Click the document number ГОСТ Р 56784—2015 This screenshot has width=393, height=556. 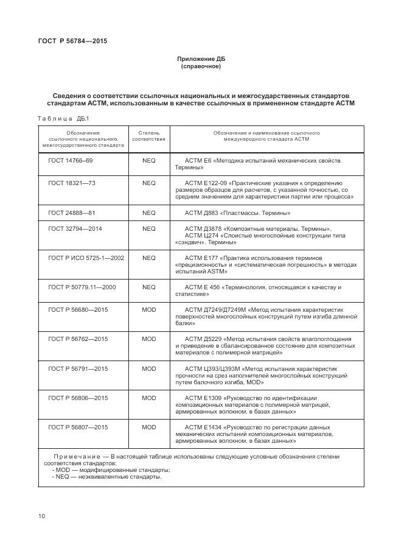pos(68,42)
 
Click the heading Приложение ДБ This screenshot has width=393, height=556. pos(201,59)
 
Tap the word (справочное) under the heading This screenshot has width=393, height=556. pos(201,66)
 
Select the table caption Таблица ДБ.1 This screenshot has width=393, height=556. pos(63,118)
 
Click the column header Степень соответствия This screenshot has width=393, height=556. pos(149,136)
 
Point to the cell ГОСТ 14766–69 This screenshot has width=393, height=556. pos(71,161)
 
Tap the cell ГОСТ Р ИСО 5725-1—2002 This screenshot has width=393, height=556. pos(86,258)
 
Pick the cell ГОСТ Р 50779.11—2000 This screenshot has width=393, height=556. pos(82,287)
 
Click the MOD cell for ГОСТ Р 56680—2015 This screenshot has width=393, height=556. pos(149,309)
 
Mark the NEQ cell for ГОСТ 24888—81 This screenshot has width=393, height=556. pos(149,213)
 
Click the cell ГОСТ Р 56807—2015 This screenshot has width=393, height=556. pos(78,427)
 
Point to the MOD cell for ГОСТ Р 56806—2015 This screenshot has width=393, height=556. pos(149,398)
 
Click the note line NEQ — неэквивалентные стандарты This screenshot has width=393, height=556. pos(107,477)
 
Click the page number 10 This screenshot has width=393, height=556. pos(42,516)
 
